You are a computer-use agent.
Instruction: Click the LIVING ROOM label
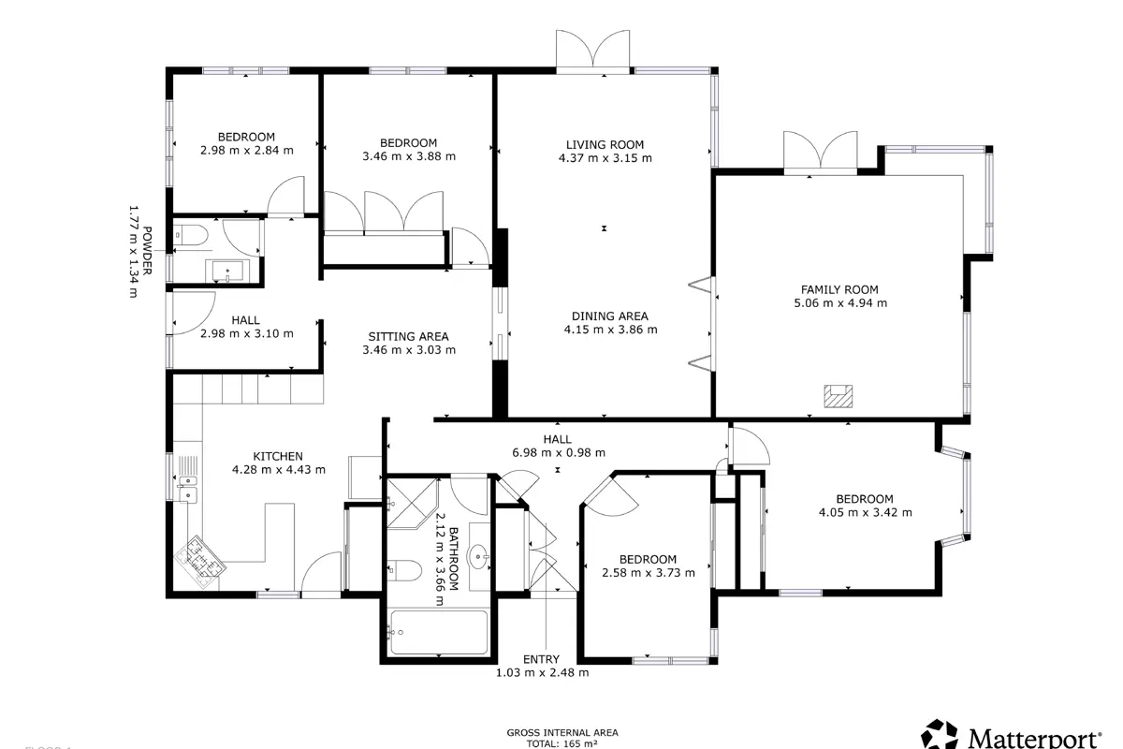pos(605,144)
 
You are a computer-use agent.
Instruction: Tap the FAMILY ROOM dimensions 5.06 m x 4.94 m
pos(840,303)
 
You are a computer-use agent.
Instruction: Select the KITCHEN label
pos(278,457)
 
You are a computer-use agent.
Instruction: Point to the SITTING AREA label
pos(408,337)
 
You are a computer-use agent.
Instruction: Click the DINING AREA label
pos(610,316)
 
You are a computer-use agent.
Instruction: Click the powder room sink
pos(227,271)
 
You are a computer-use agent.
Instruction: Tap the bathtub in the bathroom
pos(439,632)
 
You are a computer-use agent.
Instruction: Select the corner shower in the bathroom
pos(410,503)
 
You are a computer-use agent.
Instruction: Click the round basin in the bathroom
pos(480,556)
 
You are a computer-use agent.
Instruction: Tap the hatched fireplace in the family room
pos(839,396)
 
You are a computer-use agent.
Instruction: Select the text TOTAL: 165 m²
pos(561,744)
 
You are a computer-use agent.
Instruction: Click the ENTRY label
pos(541,659)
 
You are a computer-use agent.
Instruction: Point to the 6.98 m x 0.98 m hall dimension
pos(559,452)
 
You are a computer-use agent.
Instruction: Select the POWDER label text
pos(147,251)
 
